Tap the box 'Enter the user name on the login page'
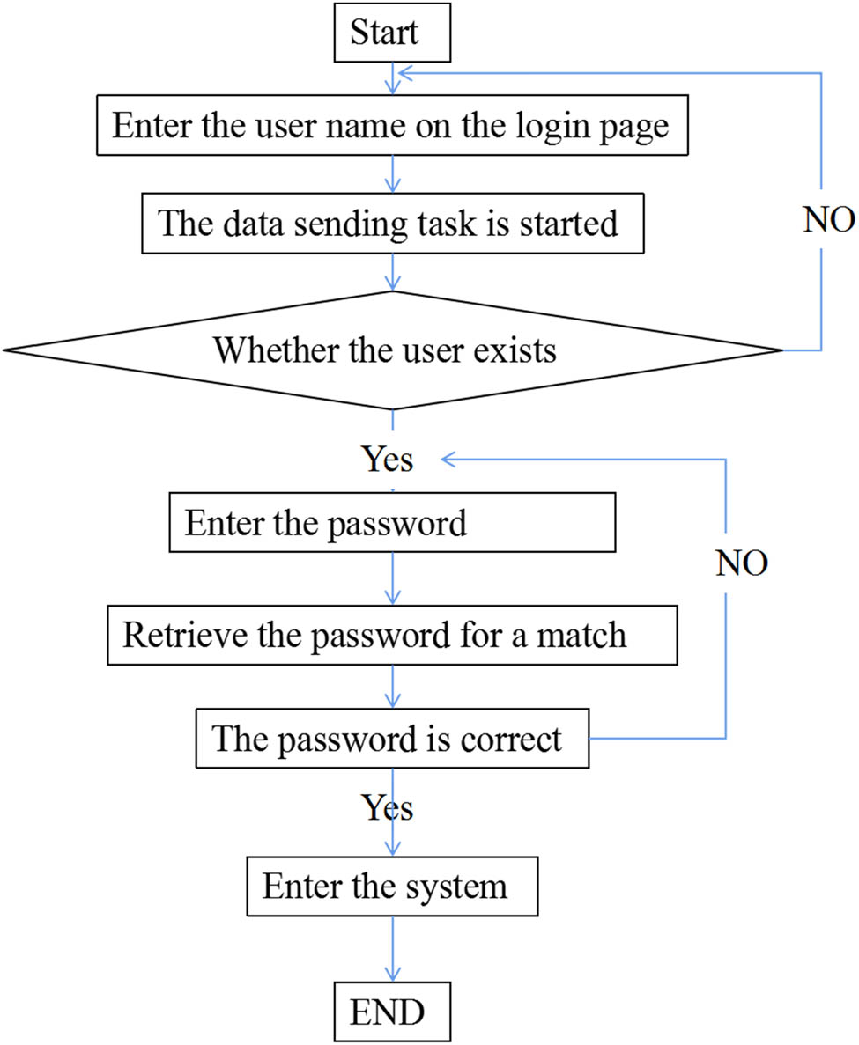click(x=391, y=126)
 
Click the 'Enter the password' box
click(x=391, y=524)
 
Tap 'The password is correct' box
click(x=391, y=738)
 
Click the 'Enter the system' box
click(x=391, y=885)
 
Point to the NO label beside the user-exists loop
click(x=829, y=221)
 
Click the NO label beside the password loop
click(x=741, y=563)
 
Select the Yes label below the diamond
click(x=388, y=459)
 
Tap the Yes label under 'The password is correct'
click(x=388, y=806)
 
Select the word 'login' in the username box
click(x=564, y=126)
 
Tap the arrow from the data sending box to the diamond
click(x=390, y=270)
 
